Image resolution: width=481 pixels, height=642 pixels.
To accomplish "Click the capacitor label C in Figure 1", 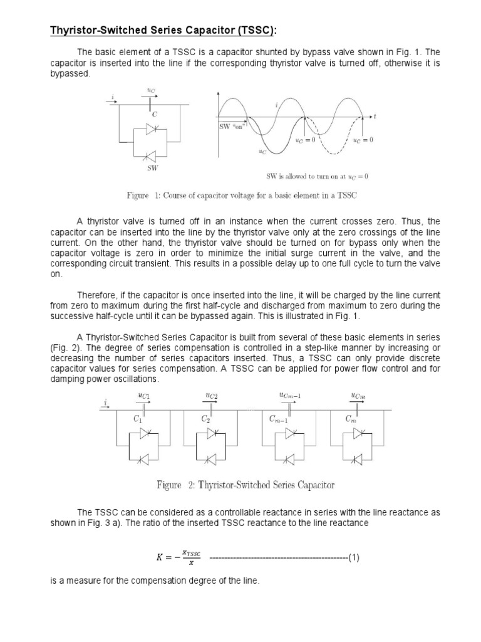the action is [x=153, y=115].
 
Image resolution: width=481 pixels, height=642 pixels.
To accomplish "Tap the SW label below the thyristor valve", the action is [x=152, y=169].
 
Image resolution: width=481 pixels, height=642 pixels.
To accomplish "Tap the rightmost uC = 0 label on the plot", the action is [x=363, y=140].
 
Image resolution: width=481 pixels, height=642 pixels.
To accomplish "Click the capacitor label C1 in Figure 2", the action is [x=138, y=418].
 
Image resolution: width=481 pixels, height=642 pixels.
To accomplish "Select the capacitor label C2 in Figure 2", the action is [x=205, y=418].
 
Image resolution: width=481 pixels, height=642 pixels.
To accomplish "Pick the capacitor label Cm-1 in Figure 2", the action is [x=278, y=419].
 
